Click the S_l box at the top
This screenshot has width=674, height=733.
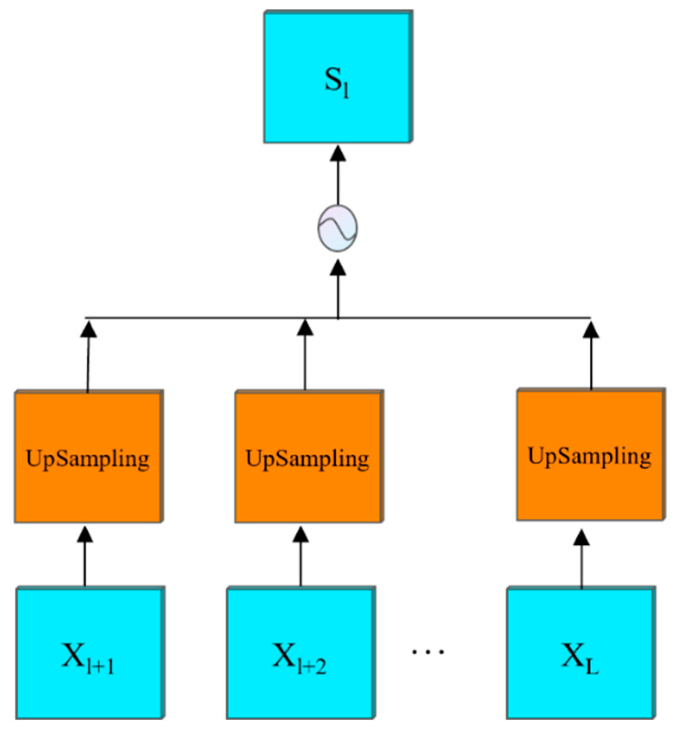click(338, 77)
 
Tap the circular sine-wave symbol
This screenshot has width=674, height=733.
click(337, 228)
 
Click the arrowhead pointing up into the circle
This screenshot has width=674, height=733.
click(338, 268)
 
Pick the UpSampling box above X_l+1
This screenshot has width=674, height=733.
click(89, 457)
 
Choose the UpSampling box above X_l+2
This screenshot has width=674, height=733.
click(309, 457)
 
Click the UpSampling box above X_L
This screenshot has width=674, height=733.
click(590, 455)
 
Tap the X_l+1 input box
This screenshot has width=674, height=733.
click(90, 653)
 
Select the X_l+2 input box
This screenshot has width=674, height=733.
click(300, 653)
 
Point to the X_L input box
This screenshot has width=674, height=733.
click(581, 653)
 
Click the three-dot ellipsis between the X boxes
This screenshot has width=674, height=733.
click(428, 652)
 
